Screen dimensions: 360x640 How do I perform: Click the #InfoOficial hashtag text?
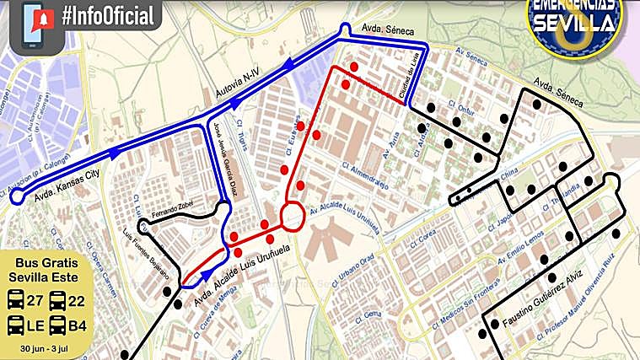click(x=108, y=16)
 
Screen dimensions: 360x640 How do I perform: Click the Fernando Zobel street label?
click(x=172, y=208)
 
